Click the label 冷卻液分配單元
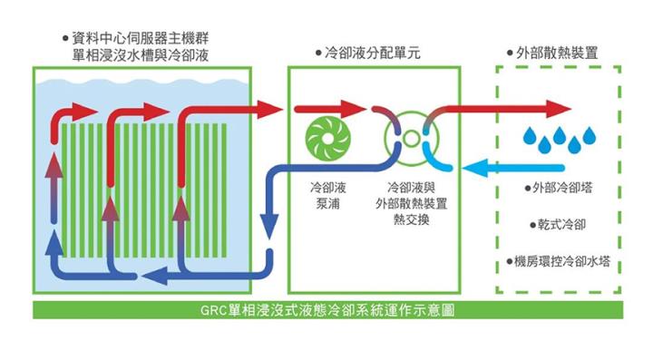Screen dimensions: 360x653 pos(372,54)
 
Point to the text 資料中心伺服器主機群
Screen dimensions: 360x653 pos(143,39)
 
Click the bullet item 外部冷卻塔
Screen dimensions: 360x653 pos(562,189)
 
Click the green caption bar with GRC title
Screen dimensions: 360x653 pos(327,309)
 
